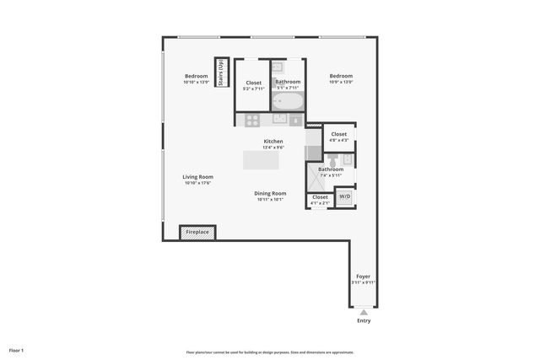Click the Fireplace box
coord(198,232)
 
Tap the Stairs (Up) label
coord(221,72)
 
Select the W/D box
coord(344,196)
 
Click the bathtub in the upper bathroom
coord(288,101)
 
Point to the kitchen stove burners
coord(251,120)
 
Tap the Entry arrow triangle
coord(364,312)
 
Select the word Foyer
coord(363,277)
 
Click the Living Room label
coord(197,177)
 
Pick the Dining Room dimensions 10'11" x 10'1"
coord(270,200)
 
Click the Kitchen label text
coord(273,141)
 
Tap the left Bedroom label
coord(196,76)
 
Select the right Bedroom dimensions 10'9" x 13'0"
coord(341,82)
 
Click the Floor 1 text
coord(16,350)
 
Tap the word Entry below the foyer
coord(364,321)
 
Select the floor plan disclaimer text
coord(270,352)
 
